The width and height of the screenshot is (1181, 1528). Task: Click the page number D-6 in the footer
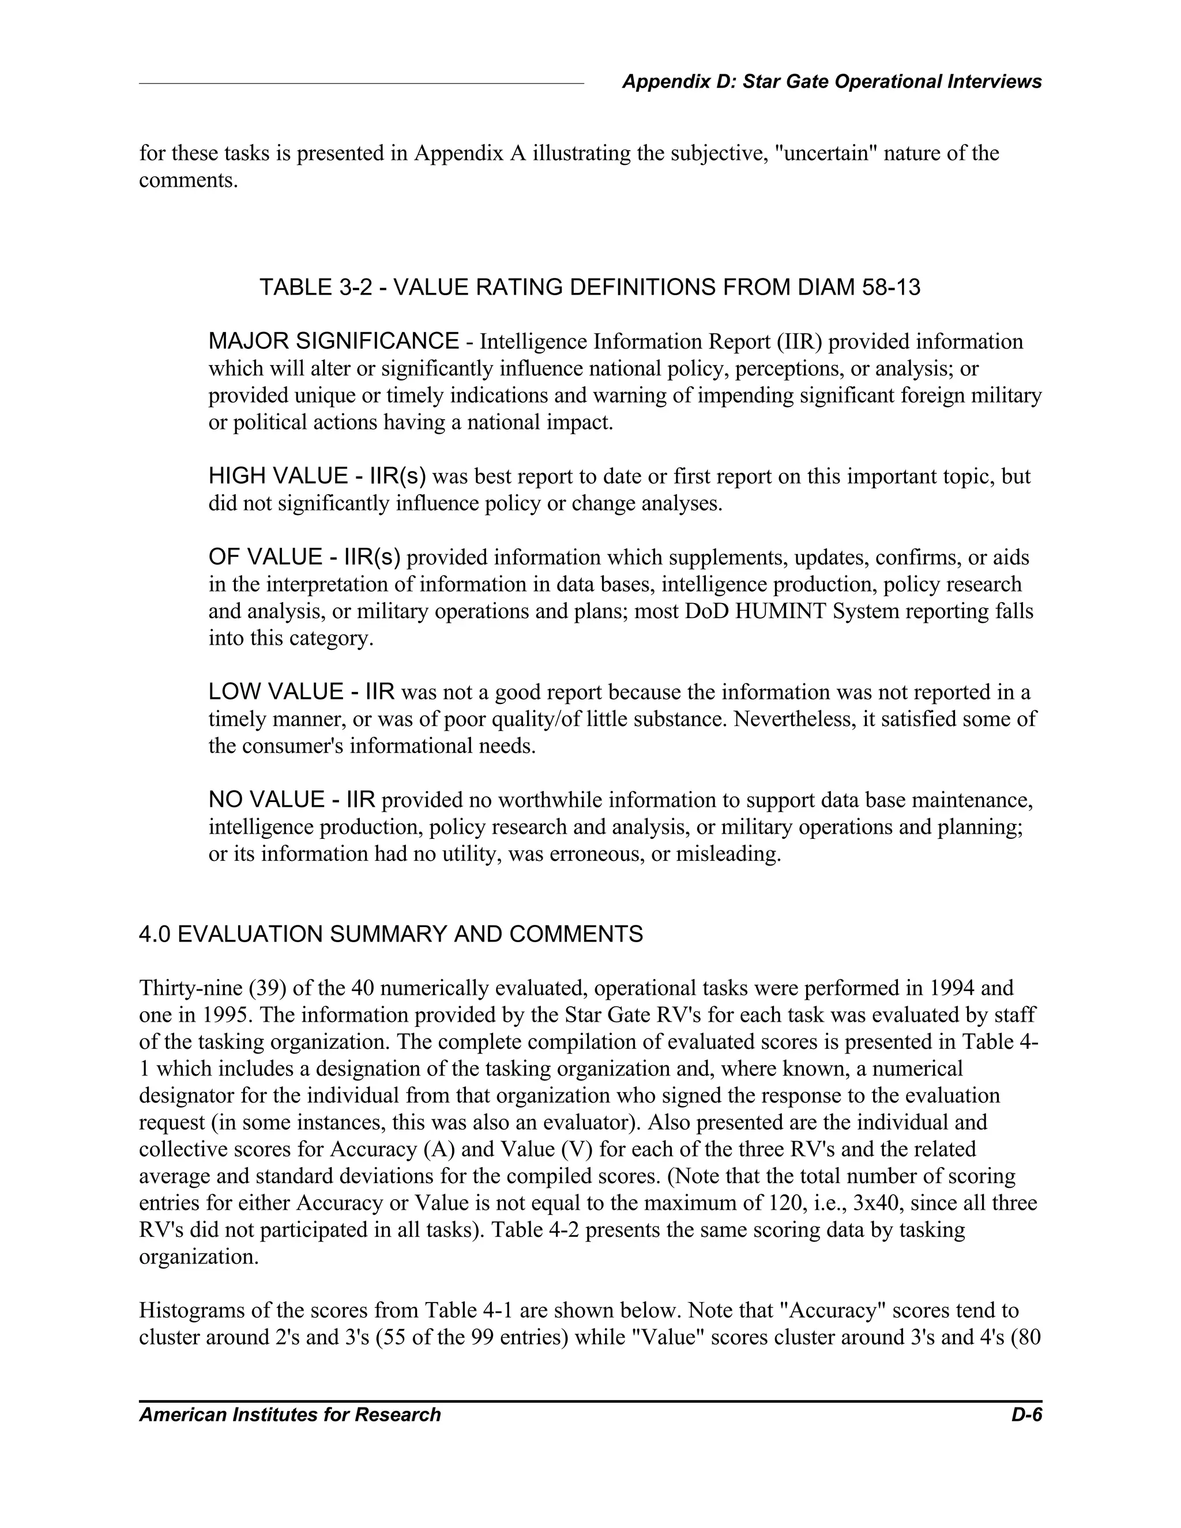(1026, 1414)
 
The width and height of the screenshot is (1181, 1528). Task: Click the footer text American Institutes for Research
(289, 1414)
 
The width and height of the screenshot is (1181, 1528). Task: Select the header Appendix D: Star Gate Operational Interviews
(831, 82)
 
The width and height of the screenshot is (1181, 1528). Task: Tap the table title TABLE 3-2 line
(589, 287)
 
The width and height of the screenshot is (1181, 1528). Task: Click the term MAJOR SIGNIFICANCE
(334, 341)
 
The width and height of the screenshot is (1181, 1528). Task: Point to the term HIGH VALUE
(278, 476)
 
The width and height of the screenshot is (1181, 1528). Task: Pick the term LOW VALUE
(276, 692)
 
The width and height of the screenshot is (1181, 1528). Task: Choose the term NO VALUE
(265, 800)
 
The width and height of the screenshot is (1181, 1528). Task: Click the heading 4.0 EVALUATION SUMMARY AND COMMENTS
(390, 934)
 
